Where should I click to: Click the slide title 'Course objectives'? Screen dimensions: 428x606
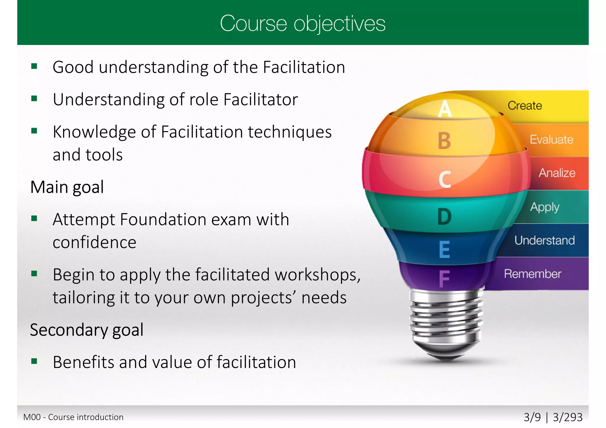point(302,23)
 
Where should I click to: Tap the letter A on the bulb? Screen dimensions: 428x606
point(445,108)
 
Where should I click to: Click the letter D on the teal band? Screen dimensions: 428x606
point(444,217)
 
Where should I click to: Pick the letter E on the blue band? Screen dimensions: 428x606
point(444,250)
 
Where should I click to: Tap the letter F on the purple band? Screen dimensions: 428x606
point(444,278)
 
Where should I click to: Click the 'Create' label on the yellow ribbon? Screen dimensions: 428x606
point(525,106)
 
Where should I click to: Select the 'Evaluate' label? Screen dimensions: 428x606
point(551,140)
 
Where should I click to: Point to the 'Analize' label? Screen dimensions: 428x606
point(557,173)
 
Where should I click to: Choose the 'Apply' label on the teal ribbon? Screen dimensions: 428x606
point(544,207)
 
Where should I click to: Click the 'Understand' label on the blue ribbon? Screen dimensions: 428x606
point(544,240)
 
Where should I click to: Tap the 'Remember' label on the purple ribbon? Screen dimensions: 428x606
point(532,274)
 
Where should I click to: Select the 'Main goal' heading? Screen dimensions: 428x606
point(67,187)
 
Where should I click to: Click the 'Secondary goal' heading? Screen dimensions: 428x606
point(87,330)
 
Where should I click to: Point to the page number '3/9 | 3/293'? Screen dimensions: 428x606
point(553,417)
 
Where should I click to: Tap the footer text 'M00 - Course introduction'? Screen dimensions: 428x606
point(73,417)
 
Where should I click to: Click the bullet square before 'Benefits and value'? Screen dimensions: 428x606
point(34,361)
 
